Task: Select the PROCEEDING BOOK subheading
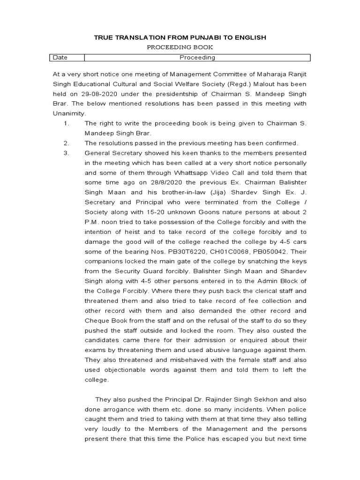180,47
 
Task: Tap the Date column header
60,58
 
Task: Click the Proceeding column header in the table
197,58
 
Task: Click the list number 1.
66,123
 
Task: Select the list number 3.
66,153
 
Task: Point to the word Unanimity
69,113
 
